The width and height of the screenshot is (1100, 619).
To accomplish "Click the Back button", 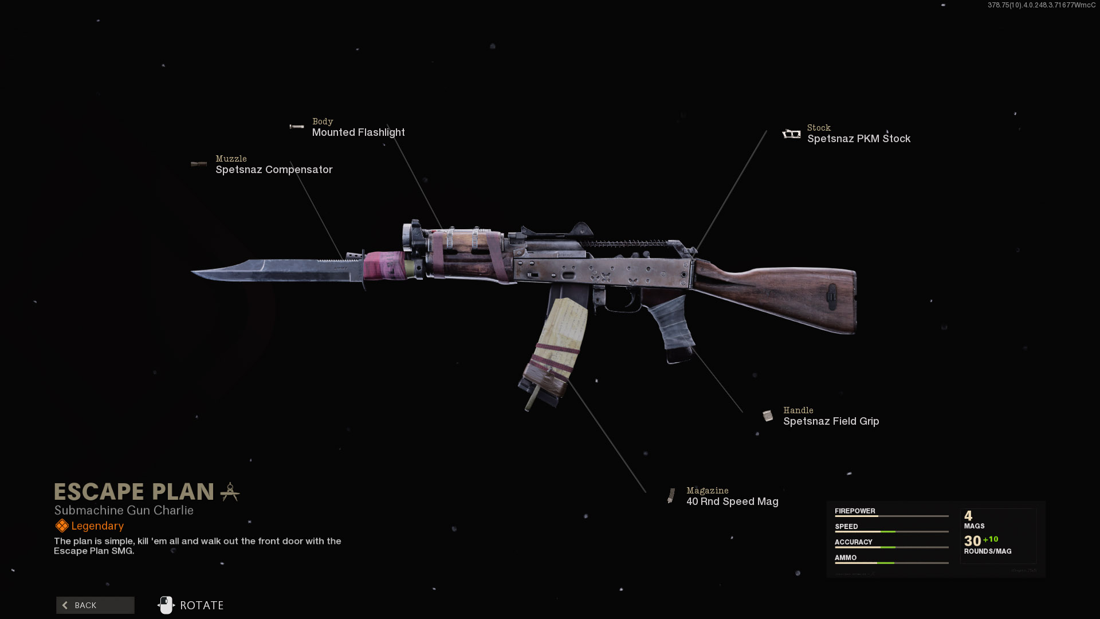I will pyautogui.click(x=95, y=605).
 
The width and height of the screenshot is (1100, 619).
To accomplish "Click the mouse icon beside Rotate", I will pyautogui.click(x=166, y=605).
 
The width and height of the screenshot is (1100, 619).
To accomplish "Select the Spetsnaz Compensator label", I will pyautogui.click(x=274, y=170).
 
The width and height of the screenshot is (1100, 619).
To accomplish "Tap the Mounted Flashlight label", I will pyautogui.click(x=358, y=132).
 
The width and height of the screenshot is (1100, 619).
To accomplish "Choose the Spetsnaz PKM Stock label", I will pyautogui.click(x=858, y=139).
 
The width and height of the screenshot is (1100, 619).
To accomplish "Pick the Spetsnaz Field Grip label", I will pyautogui.click(x=831, y=421).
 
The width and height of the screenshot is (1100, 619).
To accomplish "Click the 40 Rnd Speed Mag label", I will pyautogui.click(x=732, y=502).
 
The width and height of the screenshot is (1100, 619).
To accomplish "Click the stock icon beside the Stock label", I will pyautogui.click(x=791, y=134).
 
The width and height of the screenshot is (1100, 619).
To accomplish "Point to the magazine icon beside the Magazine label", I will pyautogui.click(x=671, y=496).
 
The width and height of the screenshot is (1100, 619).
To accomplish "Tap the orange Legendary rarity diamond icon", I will pyautogui.click(x=62, y=526).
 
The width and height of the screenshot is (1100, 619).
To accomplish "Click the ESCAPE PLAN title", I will pyautogui.click(x=134, y=492).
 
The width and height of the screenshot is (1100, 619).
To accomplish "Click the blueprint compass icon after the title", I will pyautogui.click(x=230, y=492).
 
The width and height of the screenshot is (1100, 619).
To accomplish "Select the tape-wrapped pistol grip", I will pyautogui.click(x=671, y=327).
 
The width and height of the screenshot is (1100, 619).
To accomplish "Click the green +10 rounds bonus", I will pyautogui.click(x=991, y=539).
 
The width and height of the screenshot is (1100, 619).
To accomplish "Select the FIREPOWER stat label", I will pyautogui.click(x=855, y=511).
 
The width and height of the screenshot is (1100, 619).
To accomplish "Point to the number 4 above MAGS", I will pyautogui.click(x=968, y=516).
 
